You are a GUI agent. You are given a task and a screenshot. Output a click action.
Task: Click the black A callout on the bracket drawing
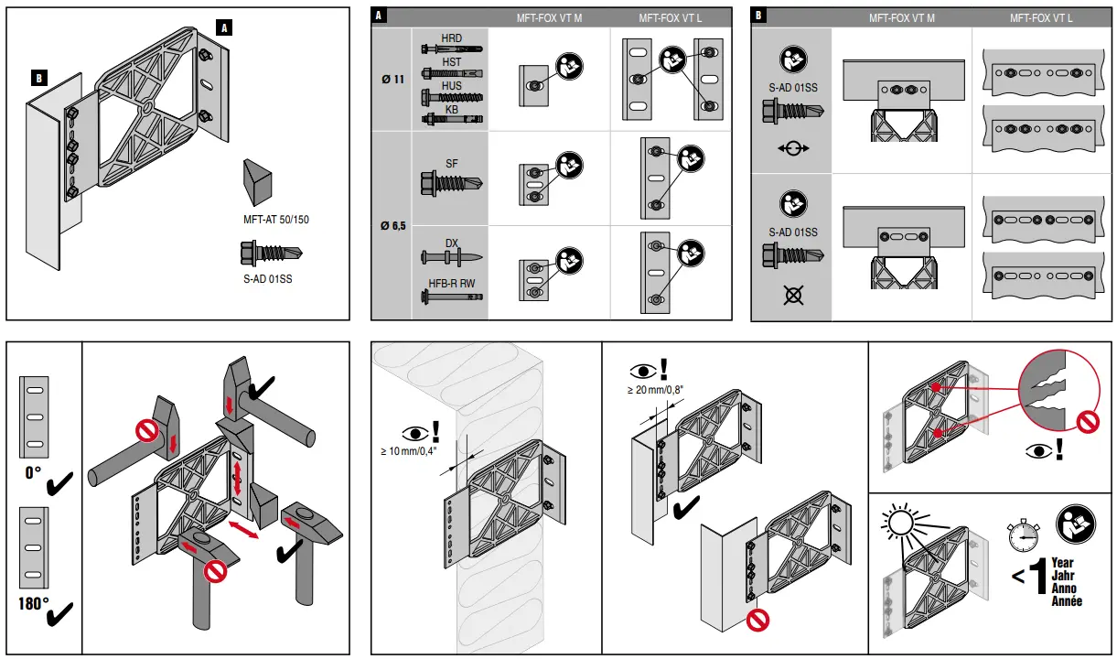tap(223, 27)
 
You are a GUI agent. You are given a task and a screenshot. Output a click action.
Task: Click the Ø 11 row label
tap(392, 79)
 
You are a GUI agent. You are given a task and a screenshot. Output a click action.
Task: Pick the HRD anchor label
tap(452, 38)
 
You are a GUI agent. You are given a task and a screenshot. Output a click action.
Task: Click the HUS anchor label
tap(452, 86)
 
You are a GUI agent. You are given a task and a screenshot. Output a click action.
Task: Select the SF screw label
tap(452, 163)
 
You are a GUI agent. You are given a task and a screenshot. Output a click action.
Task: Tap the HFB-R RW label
tap(452, 283)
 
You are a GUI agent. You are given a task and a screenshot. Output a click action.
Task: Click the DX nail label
tap(452, 243)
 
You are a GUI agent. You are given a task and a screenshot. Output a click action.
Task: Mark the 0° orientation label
tap(33, 473)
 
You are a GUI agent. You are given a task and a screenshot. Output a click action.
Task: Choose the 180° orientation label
tap(33, 604)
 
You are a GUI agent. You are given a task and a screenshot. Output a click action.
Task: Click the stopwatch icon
tap(1022, 537)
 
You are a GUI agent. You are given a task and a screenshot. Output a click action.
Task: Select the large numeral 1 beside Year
tap(1036, 578)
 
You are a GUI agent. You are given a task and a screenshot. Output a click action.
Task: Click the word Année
tap(1067, 601)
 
